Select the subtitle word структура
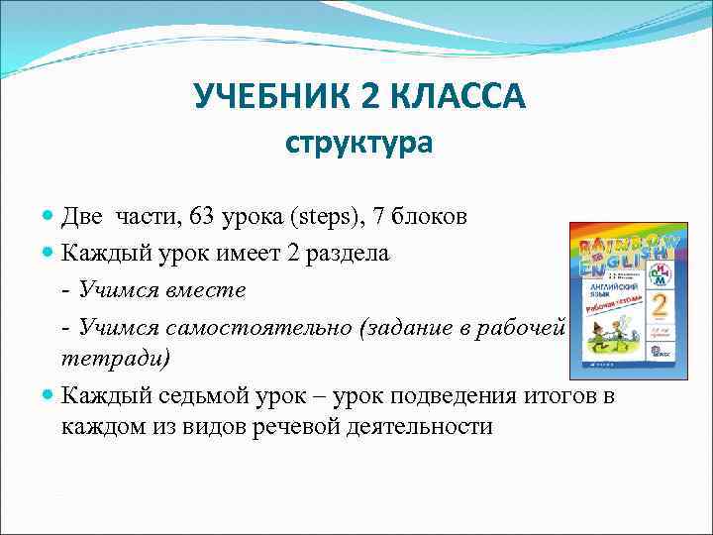point(358,145)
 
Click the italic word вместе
point(207,290)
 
